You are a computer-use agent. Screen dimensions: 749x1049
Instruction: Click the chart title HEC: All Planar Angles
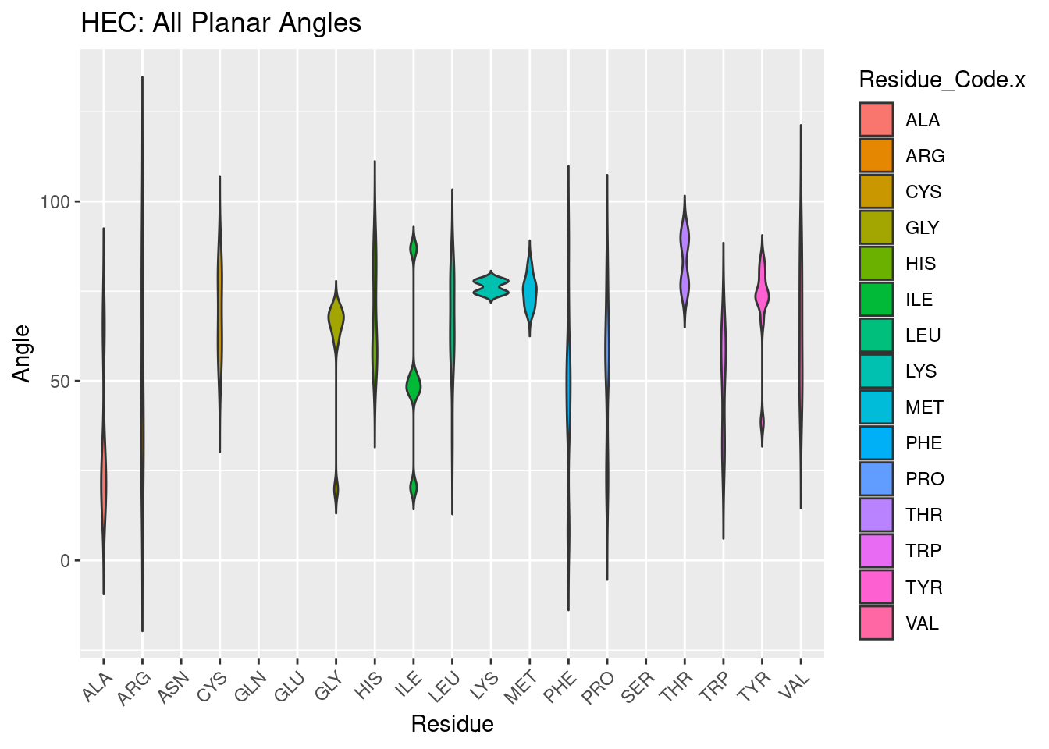221,23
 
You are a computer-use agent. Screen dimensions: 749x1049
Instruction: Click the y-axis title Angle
22,353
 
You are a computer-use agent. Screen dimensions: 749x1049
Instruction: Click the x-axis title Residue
452,724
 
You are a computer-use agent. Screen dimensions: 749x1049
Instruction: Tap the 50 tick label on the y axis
60,382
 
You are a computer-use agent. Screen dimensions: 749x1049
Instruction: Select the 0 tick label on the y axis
65,561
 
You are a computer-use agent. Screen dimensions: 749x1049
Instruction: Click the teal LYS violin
490,287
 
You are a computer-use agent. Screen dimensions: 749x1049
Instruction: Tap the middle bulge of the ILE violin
414,385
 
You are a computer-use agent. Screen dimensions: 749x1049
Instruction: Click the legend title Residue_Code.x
941,80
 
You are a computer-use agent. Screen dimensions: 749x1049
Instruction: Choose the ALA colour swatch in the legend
876,120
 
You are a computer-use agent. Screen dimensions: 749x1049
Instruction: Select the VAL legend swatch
876,623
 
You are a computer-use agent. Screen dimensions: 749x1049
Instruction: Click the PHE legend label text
923,443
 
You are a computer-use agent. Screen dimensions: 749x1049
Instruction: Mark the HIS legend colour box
876,264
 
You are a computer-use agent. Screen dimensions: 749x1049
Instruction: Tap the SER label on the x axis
638,687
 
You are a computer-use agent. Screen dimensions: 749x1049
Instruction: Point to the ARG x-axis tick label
134,687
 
